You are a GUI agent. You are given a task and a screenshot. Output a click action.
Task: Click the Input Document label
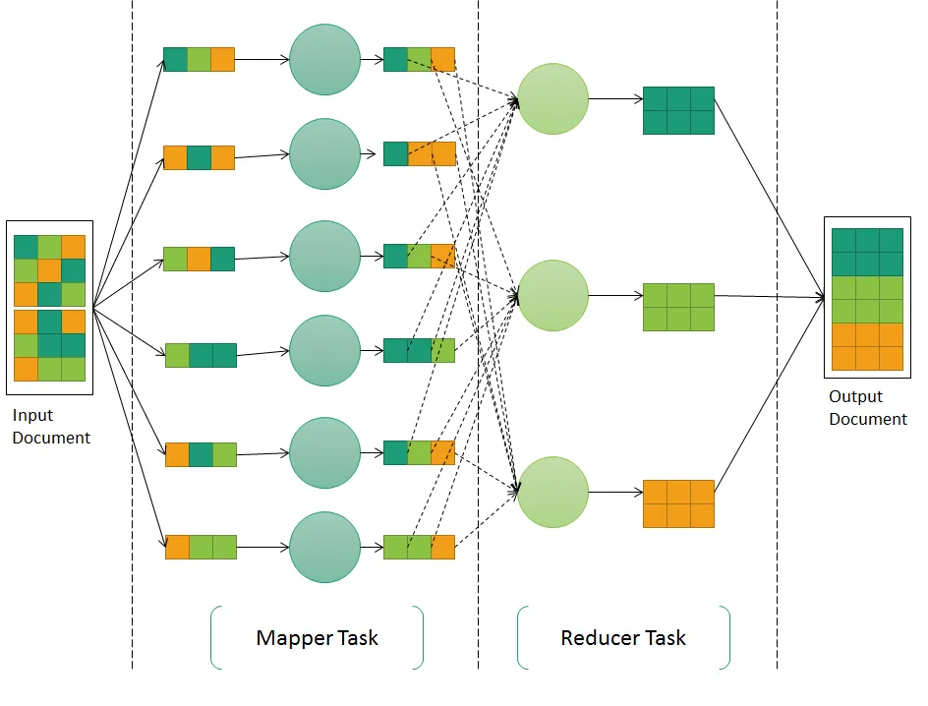pos(50,427)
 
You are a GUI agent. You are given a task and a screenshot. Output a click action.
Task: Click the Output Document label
pos(867,408)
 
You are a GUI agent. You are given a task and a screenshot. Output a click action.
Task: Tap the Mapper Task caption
pos(317,638)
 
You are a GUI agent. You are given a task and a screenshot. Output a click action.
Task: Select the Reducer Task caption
pos(623,638)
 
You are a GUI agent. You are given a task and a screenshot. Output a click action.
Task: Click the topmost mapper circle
pos(324,59)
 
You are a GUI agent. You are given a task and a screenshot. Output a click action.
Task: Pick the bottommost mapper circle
pos(324,547)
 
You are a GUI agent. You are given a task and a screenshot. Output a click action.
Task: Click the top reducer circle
pos(552,98)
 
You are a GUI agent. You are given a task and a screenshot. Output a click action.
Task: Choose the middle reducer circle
pos(552,295)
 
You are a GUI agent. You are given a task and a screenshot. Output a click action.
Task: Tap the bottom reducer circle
pos(552,492)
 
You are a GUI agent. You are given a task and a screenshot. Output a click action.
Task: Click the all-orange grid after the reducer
pos(678,503)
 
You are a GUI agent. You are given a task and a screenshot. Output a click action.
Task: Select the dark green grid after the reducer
pos(678,110)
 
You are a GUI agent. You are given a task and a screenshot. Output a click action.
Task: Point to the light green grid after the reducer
pos(678,307)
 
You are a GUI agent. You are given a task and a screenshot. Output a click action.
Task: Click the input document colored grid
pos(49,308)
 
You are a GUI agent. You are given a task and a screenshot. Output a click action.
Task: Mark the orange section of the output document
pos(867,346)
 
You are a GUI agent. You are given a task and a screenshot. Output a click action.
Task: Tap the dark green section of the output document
pos(867,252)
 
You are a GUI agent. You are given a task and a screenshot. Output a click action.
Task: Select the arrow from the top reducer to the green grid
pos(614,98)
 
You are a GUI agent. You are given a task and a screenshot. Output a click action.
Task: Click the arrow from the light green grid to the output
pos(769,296)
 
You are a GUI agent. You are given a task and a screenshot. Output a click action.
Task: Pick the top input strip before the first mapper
pos(199,59)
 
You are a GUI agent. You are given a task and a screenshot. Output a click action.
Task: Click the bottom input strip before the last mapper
pos(201,547)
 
